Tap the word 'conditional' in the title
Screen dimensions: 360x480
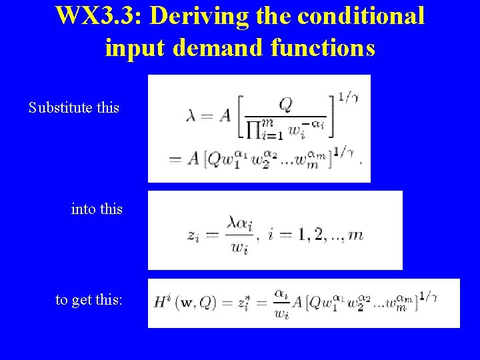[x=361, y=15]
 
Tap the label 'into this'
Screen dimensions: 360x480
[x=97, y=209]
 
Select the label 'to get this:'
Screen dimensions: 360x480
[x=89, y=300]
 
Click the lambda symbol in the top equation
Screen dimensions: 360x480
[x=193, y=115]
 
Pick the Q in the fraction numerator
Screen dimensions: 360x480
[x=285, y=105]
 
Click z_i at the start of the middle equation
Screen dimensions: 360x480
[x=193, y=235]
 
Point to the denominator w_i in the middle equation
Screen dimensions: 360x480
[x=238, y=247]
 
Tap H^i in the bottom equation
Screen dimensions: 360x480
[x=163, y=301]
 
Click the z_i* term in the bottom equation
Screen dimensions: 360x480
[x=245, y=302]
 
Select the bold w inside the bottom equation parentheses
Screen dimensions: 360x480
[x=190, y=303]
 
